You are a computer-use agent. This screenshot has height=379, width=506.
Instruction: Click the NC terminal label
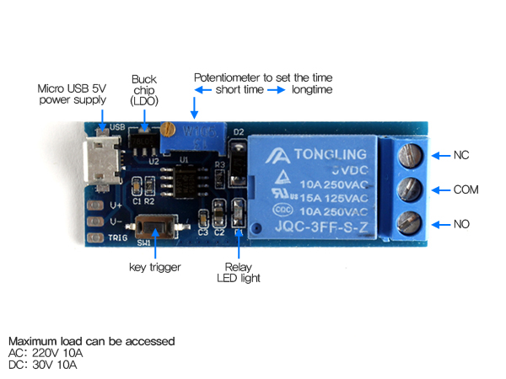coord(461,156)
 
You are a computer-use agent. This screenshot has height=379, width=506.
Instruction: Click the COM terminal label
coord(466,190)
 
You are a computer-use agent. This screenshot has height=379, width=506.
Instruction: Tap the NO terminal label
coord(461,224)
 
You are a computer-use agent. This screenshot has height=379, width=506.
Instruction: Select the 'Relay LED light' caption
coord(239,271)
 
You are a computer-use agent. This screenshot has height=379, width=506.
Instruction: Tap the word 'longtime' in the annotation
coord(312,89)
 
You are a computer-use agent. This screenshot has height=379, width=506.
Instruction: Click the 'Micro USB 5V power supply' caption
coord(73,94)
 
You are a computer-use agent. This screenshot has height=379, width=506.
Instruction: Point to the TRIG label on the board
coord(118,238)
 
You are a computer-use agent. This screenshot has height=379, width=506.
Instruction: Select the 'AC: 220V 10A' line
coord(46,353)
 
